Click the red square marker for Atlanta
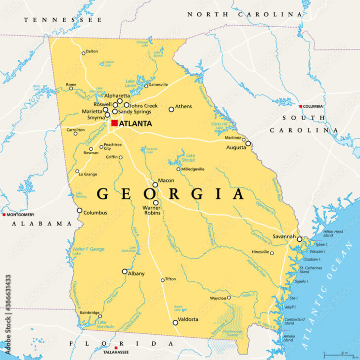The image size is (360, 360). click(114, 123)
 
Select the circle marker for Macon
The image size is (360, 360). click(155, 184)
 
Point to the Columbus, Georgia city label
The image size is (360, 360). click(95, 213)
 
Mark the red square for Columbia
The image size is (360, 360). click(300, 106)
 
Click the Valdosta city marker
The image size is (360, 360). click(175, 322)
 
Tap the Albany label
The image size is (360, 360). click(136, 273)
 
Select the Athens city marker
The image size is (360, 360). click(172, 109)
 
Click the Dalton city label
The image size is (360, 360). click(92, 51)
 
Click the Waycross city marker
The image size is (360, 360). click(229, 298)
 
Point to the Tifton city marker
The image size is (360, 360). click(162, 280)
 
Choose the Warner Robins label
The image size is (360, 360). click(153, 209)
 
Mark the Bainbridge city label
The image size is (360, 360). click(90, 313)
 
